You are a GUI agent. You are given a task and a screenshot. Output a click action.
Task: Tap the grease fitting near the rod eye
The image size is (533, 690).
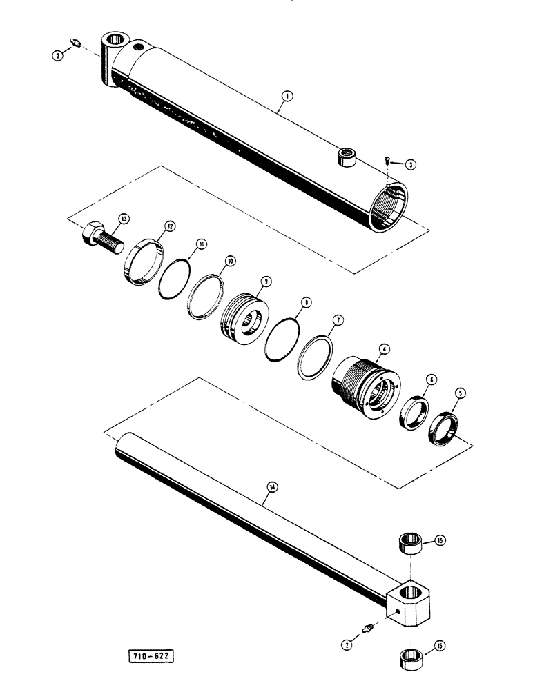370,627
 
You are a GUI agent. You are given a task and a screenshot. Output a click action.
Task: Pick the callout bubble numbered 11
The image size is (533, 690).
200,244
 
